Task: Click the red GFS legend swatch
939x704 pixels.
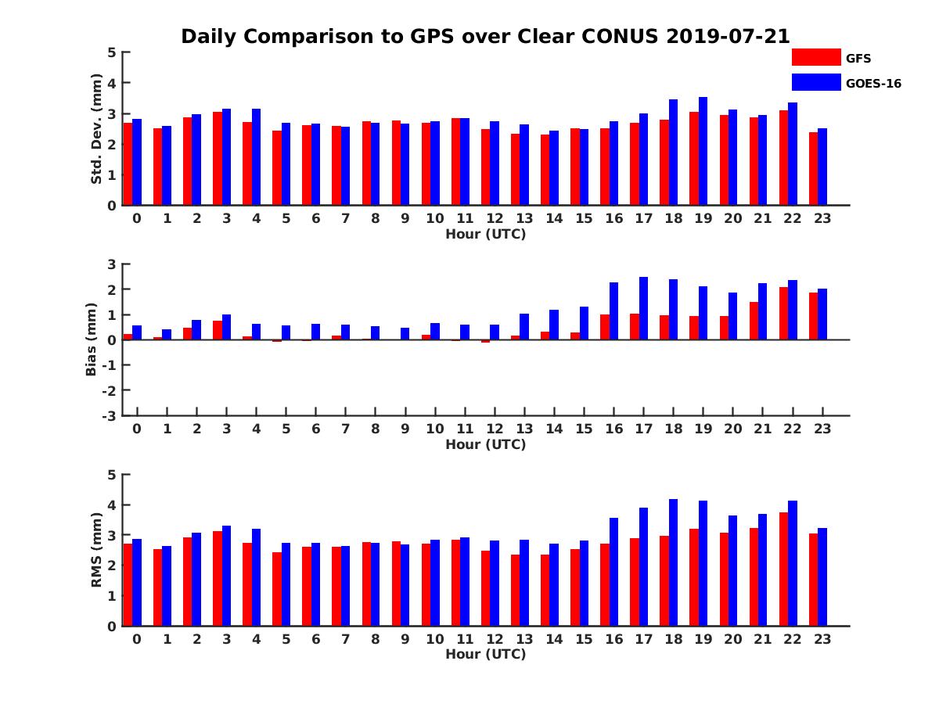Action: [x=815, y=57]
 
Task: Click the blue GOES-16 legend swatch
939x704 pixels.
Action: [x=815, y=82]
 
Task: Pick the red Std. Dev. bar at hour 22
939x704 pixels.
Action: [x=783, y=157]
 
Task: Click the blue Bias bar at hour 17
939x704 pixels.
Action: [x=644, y=308]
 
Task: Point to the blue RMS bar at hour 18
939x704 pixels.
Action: [x=674, y=562]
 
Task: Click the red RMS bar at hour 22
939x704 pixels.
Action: [x=783, y=569]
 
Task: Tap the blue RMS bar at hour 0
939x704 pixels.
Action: [x=137, y=582]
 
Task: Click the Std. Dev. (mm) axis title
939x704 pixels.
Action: [x=96, y=129]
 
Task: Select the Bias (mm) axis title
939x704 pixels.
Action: [x=92, y=339]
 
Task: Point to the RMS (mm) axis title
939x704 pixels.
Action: [x=96, y=550]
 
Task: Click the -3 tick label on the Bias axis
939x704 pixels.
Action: [x=109, y=415]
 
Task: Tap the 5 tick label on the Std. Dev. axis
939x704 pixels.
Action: [x=113, y=52]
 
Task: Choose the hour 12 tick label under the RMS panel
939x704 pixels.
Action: [x=495, y=638]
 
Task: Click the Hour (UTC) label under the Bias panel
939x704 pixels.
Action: [x=485, y=444]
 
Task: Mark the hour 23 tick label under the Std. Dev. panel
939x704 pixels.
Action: [x=822, y=218]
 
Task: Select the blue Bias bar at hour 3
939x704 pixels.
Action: [x=227, y=327]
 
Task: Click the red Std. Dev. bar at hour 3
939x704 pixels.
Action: [x=218, y=158]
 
